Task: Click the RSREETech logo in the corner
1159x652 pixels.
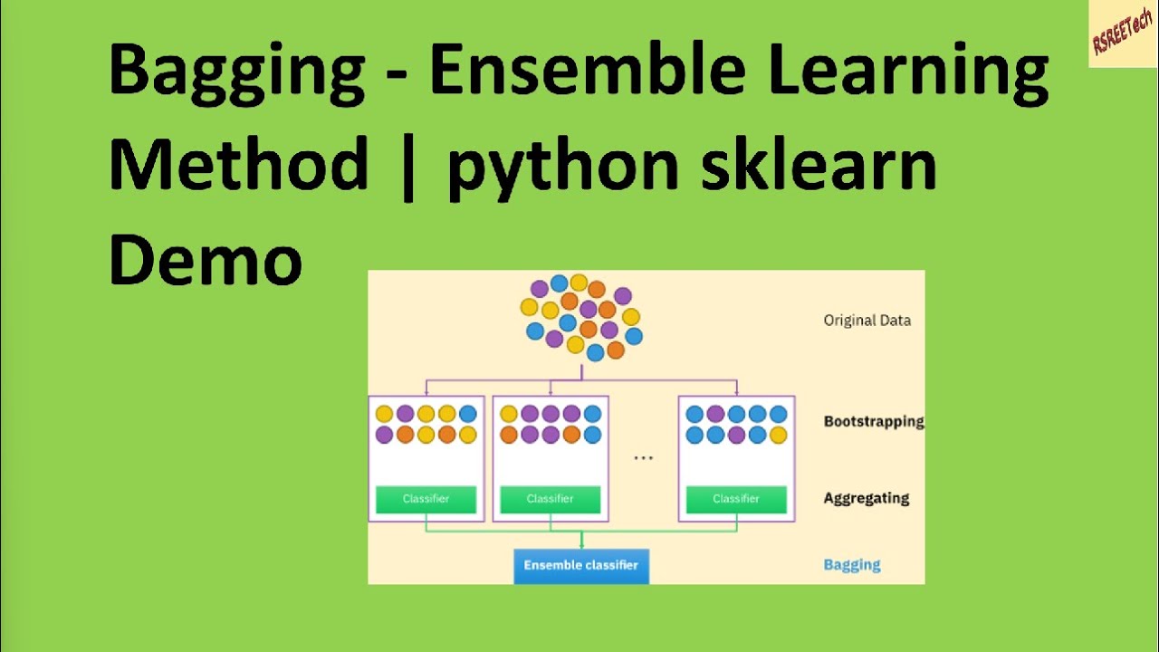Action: [1123, 34]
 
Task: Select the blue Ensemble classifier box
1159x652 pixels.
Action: [581, 565]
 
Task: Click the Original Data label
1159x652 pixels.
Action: [867, 320]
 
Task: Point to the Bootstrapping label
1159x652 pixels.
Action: [873, 421]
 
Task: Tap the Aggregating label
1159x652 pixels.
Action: [866, 498]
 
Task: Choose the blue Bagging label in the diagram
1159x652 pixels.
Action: [851, 565]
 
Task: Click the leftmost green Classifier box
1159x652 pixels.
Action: [426, 499]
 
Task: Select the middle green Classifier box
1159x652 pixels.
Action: [550, 499]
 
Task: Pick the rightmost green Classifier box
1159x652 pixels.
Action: [736, 499]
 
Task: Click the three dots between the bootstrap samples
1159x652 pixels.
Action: [643, 458]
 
